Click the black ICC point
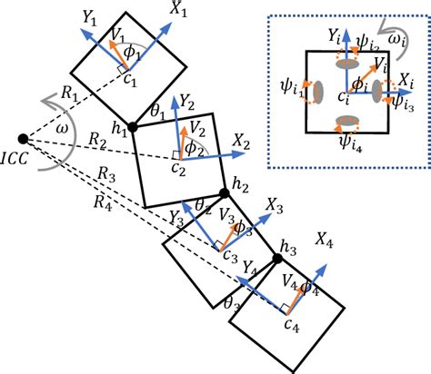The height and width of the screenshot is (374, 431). [x=23, y=139]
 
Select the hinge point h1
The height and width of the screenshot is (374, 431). [x=134, y=127]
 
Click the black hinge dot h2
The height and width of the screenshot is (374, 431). [x=225, y=193]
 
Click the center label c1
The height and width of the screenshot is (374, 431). [x=129, y=84]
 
